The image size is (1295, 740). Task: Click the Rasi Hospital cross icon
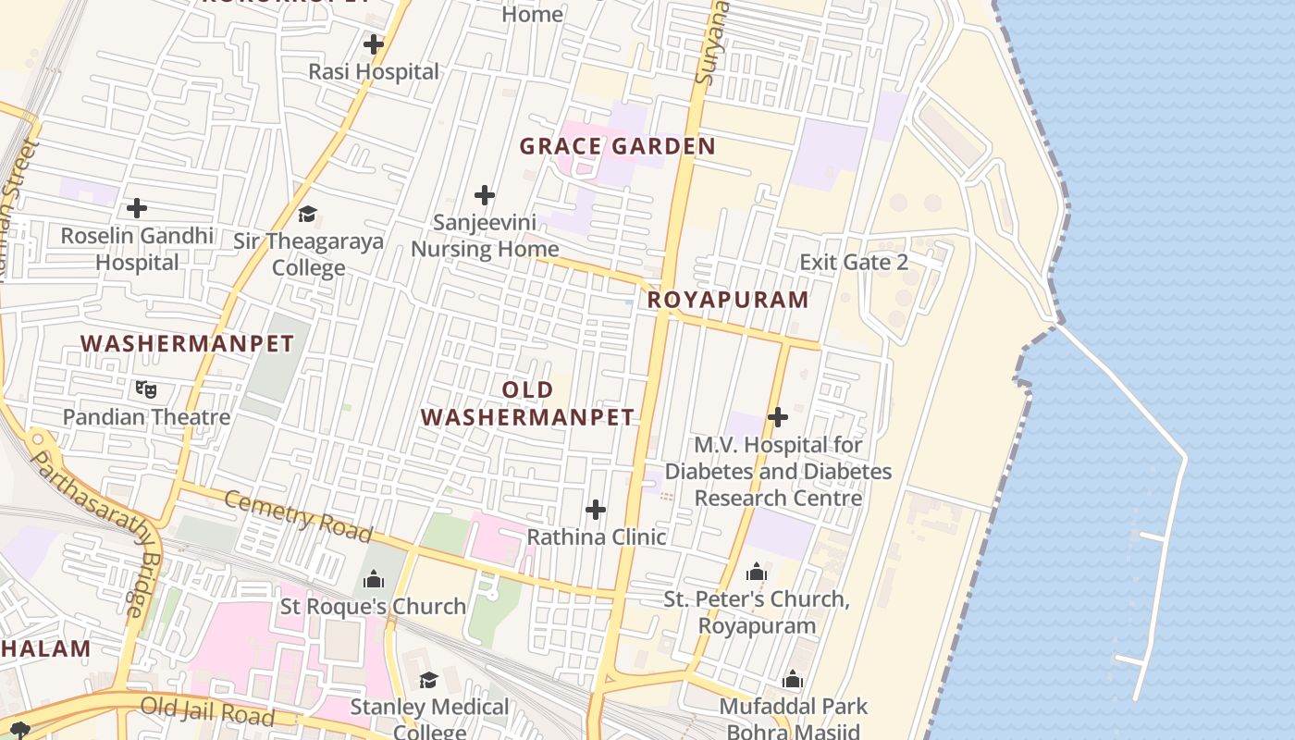pyautogui.click(x=374, y=44)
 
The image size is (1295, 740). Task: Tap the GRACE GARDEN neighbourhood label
pyautogui.click(x=617, y=146)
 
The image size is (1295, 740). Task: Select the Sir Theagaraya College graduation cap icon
pyautogui.click(x=307, y=215)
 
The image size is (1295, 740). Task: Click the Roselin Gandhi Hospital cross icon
pyautogui.click(x=137, y=208)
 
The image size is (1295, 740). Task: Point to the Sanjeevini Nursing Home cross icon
pyautogui.click(x=485, y=195)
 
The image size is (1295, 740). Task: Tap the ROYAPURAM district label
pyautogui.click(x=728, y=300)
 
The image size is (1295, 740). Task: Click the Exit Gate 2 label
pyautogui.click(x=854, y=262)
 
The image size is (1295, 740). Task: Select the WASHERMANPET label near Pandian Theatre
pyautogui.click(x=187, y=344)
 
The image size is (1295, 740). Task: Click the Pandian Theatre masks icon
pyautogui.click(x=146, y=389)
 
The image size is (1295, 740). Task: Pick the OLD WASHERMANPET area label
pyautogui.click(x=528, y=404)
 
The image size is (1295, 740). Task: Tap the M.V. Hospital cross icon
pyautogui.click(x=778, y=417)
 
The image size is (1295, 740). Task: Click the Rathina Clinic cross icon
pyautogui.click(x=597, y=510)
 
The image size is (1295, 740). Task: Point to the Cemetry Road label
pyautogui.click(x=298, y=516)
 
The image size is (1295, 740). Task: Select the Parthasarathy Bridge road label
pyautogui.click(x=92, y=532)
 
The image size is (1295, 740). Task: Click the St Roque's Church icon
pyautogui.click(x=374, y=579)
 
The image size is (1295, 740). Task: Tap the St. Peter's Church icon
pyautogui.click(x=757, y=573)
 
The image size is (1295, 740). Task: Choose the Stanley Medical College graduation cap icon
pyautogui.click(x=428, y=681)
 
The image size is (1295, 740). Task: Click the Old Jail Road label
pyautogui.click(x=207, y=711)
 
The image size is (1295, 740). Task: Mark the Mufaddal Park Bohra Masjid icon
pyautogui.click(x=793, y=680)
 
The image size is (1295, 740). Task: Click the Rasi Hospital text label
pyautogui.click(x=374, y=72)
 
